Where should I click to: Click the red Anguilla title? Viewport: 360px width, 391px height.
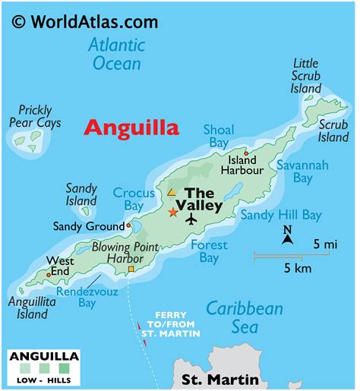point(131,127)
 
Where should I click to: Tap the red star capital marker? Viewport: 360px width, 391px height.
point(173,213)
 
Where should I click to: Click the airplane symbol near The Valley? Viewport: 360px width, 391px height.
point(191,219)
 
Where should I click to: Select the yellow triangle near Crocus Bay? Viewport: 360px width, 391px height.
point(172,193)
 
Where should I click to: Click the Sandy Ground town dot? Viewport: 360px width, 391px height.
point(129,225)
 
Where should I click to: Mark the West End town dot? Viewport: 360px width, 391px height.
point(49,275)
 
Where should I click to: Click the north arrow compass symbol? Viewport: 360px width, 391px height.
point(287,235)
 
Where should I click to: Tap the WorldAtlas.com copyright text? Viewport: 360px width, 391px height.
point(85,19)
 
